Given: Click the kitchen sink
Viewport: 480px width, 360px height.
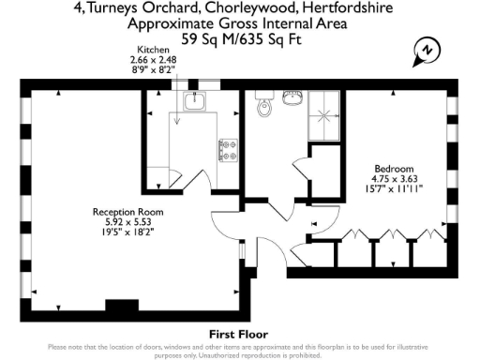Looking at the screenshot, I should pyautogui.click(x=196, y=100).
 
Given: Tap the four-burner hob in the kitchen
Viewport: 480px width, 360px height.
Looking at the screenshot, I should pyautogui.click(x=228, y=147).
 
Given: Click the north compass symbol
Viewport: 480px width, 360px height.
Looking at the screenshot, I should pyautogui.click(x=427, y=50).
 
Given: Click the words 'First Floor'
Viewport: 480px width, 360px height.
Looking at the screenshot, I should pyautogui.click(x=239, y=334).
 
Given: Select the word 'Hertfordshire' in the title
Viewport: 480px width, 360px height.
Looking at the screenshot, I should pyautogui.click(x=341, y=7).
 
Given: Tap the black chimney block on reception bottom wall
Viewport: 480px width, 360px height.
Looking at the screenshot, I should pyautogui.click(x=120, y=306).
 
